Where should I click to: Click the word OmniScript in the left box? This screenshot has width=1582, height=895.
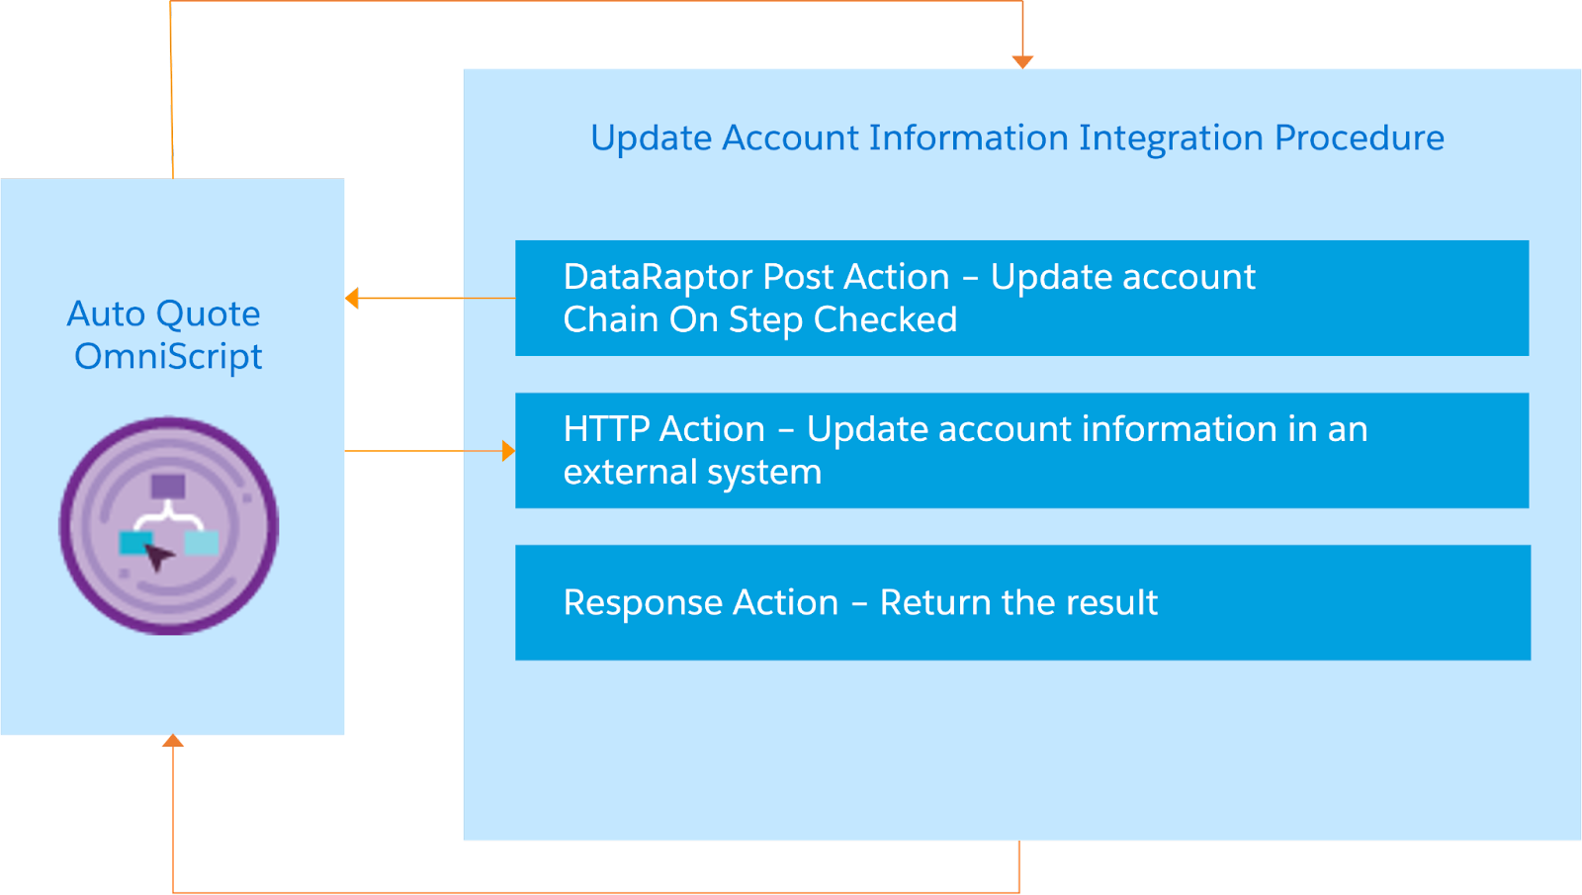click(x=168, y=356)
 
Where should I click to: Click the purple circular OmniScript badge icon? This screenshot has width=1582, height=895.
click(x=169, y=525)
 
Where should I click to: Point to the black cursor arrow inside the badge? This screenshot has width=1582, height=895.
click(x=158, y=556)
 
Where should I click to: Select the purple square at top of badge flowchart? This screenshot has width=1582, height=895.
click(x=168, y=486)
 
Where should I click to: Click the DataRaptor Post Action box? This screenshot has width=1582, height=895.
click(x=1021, y=298)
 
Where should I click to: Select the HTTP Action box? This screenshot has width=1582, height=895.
click(x=1021, y=450)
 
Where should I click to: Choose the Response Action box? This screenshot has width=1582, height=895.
click(x=1021, y=602)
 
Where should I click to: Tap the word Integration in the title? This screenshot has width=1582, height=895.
click(x=1171, y=137)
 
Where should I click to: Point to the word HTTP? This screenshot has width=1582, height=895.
click(x=605, y=429)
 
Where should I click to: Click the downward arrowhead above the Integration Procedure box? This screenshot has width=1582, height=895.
click(x=1022, y=61)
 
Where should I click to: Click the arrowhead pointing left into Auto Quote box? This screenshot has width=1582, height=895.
click(x=352, y=298)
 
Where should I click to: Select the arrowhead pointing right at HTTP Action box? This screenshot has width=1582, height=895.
click(x=508, y=451)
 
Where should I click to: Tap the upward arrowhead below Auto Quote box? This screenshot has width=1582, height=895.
click(x=173, y=741)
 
